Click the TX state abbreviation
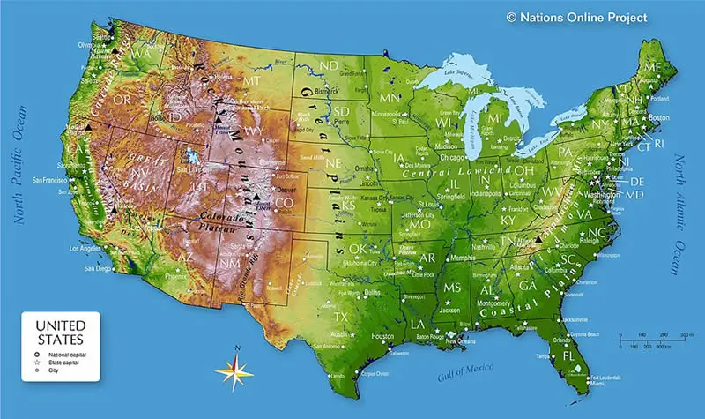(x=341, y=317)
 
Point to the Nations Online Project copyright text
(x=576, y=17)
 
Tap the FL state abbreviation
(x=568, y=355)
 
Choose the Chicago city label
(x=456, y=157)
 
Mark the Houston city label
(x=382, y=336)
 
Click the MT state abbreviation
(x=251, y=80)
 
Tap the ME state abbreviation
(x=653, y=67)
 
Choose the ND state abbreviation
(x=329, y=66)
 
